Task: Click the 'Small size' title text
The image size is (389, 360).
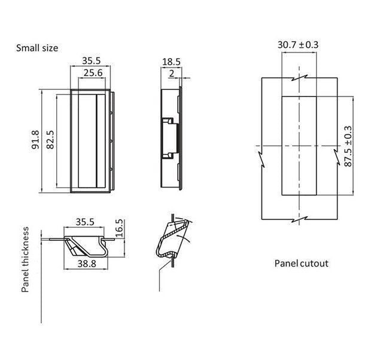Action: [x=37, y=48]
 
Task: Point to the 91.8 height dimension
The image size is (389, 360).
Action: [x=36, y=140]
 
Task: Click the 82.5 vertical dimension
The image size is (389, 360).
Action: [x=50, y=140]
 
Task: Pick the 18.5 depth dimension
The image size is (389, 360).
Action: [x=171, y=62]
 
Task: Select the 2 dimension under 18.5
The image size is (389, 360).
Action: [x=172, y=73]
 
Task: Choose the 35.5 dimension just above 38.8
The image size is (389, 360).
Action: [x=85, y=222]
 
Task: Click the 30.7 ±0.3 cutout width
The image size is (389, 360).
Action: [x=297, y=45]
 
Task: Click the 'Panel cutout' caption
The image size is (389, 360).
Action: [x=301, y=263]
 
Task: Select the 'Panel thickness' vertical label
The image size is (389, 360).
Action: [x=26, y=259]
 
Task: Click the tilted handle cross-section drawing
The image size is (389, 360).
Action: [x=172, y=239]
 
